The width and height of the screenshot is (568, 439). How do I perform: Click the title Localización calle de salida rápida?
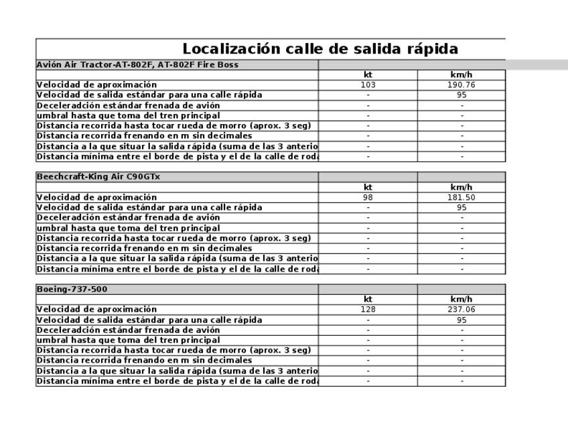tap(320, 49)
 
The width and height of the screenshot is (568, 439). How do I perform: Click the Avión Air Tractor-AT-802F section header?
tap(137, 65)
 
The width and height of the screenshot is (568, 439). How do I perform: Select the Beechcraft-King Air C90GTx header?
tap(98, 177)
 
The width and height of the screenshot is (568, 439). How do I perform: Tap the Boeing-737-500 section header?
tap(72, 290)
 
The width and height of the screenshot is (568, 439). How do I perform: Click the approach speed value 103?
tap(368, 85)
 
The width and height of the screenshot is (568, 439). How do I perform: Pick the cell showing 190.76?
tap(461, 85)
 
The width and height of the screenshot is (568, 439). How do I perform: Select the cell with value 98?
tap(368, 197)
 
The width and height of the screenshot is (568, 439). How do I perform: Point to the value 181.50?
tap(461, 197)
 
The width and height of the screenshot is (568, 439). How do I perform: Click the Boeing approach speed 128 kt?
tap(368, 310)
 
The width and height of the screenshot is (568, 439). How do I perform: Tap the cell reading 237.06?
tap(461, 310)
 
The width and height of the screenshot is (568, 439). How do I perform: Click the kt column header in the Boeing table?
tap(368, 300)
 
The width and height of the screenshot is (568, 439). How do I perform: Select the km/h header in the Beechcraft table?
tap(461, 187)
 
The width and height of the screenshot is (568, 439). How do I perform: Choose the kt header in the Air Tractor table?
tap(368, 75)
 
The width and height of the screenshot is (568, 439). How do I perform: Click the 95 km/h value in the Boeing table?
tap(461, 320)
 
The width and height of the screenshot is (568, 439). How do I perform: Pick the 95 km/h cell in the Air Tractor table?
tap(461, 95)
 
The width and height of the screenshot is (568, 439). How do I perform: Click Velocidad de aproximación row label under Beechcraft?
tap(96, 197)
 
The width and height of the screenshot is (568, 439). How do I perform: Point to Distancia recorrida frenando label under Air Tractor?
tap(144, 135)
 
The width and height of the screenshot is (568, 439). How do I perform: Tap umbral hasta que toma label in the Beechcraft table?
tap(128, 228)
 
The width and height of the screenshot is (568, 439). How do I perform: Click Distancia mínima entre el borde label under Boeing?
tap(177, 381)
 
